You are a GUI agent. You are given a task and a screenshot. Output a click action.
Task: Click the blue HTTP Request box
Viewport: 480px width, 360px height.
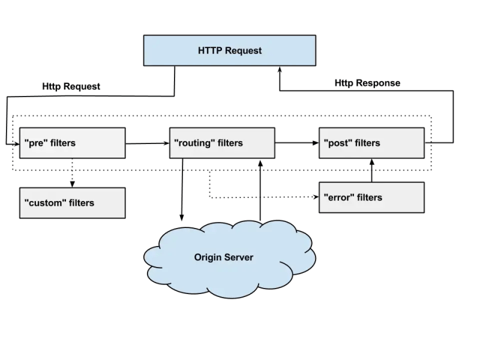230,50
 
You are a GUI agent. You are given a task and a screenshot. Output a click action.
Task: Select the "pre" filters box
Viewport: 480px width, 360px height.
72,143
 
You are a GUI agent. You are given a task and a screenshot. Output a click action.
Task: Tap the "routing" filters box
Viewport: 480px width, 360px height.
222,143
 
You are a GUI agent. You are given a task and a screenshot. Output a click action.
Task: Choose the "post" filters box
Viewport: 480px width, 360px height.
371,143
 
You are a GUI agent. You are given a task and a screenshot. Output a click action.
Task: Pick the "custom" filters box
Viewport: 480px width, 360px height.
72,203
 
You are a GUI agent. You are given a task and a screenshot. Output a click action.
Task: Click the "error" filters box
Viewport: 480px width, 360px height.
371,197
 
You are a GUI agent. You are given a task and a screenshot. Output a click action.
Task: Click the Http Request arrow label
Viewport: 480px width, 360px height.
71,86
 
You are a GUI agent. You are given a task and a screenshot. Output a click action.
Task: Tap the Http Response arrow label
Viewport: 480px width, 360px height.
367,83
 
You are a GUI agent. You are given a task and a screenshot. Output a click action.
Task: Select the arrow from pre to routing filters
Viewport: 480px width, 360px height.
147,143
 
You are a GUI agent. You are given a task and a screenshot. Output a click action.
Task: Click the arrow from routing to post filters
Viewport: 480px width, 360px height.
297,143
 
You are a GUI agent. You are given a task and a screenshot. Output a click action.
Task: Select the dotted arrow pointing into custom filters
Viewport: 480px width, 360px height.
72,174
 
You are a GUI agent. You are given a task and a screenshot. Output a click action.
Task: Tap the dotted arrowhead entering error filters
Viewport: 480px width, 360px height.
314,197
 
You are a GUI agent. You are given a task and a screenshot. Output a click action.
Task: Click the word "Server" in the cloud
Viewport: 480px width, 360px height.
238,257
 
